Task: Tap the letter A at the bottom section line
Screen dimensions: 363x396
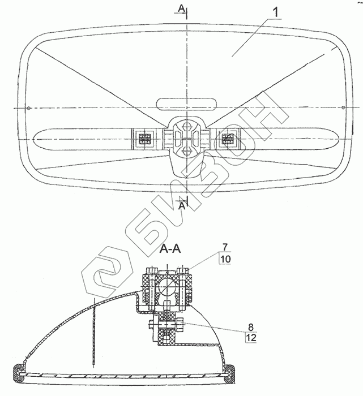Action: pyautogui.click(x=182, y=206)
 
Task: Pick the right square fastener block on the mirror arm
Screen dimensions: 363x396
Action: pyautogui.click(x=229, y=137)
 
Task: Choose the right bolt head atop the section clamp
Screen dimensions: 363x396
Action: pyautogui.click(x=183, y=269)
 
